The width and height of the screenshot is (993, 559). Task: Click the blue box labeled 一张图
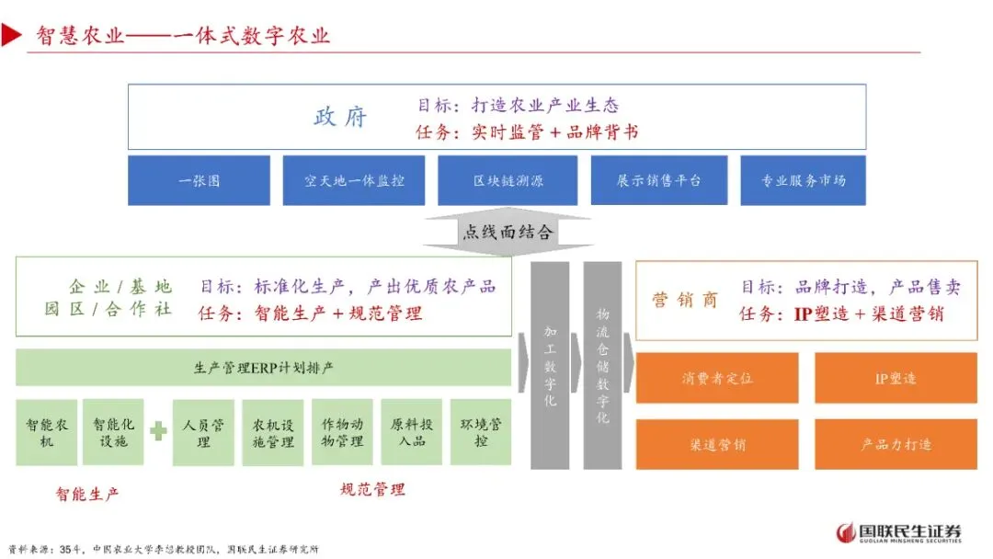click(x=199, y=180)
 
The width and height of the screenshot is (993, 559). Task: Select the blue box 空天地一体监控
click(x=354, y=180)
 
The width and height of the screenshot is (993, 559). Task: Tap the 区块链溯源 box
click(x=508, y=180)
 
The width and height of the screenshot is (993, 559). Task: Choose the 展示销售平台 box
click(x=658, y=180)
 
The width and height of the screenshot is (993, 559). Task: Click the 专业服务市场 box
click(x=803, y=180)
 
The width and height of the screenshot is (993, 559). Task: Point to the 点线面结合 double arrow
click(x=507, y=232)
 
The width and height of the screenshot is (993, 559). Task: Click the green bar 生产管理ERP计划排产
click(x=264, y=368)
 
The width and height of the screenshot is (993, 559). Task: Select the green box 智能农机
click(x=46, y=432)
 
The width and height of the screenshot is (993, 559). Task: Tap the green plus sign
click(x=158, y=430)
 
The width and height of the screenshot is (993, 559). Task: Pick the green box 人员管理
click(x=203, y=432)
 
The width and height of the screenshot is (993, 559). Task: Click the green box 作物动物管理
click(x=342, y=432)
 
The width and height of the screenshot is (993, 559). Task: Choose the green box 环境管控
click(x=480, y=432)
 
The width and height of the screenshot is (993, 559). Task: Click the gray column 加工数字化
click(x=550, y=365)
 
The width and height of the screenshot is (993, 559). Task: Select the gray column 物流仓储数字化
click(x=602, y=365)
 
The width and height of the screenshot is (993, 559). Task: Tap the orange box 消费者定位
click(x=717, y=378)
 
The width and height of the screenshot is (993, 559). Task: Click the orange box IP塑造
click(x=896, y=378)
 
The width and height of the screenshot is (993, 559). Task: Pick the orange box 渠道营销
click(x=717, y=444)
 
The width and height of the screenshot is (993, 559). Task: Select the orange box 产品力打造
click(x=896, y=444)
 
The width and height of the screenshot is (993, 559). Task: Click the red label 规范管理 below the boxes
click(x=372, y=489)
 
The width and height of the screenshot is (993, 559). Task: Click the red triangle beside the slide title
click(x=11, y=36)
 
